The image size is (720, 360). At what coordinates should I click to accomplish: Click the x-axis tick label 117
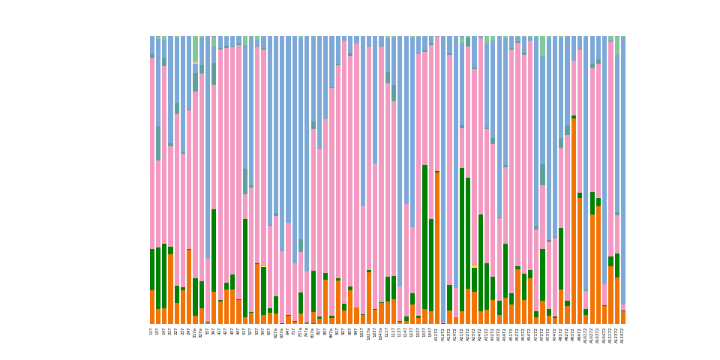[152, 331]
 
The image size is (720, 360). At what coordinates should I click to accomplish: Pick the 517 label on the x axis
[245, 331]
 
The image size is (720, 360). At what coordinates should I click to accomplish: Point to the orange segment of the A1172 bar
[437, 248]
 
